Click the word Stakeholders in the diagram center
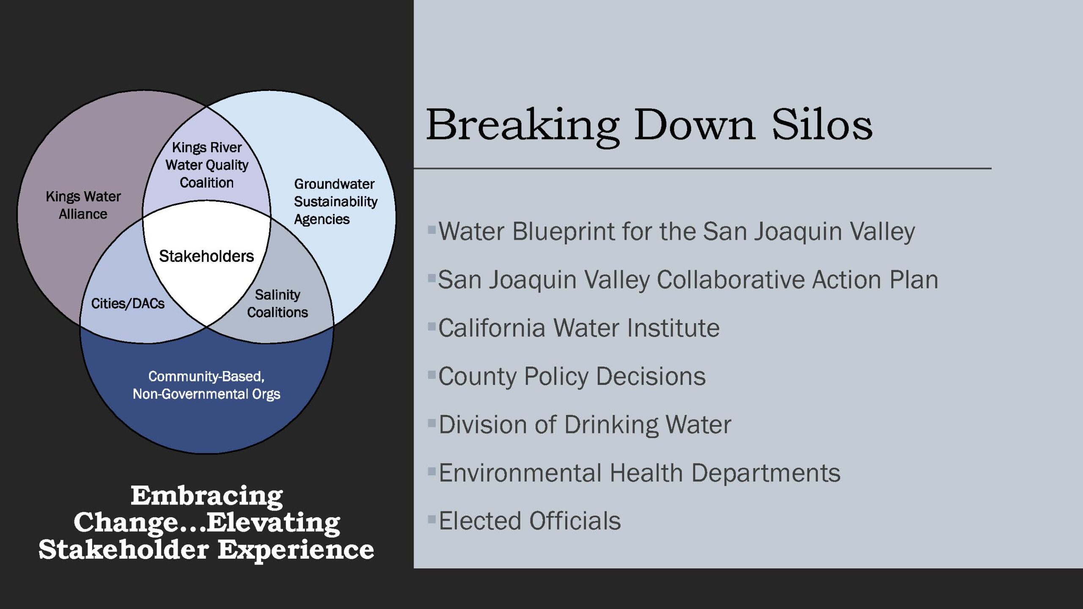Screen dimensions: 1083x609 tap(206, 256)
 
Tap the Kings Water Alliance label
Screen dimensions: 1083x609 tap(83, 205)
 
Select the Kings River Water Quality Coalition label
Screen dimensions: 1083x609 tap(207, 165)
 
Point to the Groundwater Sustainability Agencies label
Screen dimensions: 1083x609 tap(335, 202)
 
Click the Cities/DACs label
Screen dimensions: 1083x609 tap(128, 303)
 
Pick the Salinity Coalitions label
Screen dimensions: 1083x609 tap(278, 303)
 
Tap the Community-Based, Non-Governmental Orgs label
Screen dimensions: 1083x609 tap(206, 385)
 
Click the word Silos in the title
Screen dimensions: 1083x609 tap(822, 125)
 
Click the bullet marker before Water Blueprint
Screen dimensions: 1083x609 tap(432, 230)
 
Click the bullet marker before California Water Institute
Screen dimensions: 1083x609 tap(432, 326)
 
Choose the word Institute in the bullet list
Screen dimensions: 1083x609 tap(673, 328)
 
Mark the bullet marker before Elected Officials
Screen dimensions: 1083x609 tap(432, 519)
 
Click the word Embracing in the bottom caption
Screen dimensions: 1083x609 tap(206, 497)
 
